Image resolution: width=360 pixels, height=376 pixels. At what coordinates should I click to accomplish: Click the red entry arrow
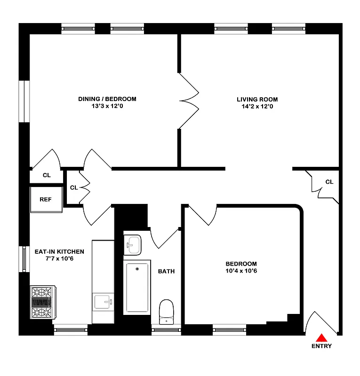(x=321, y=337)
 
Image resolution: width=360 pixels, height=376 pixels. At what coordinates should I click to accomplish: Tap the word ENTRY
(x=321, y=346)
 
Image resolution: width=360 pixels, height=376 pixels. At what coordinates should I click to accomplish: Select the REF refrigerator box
(x=46, y=199)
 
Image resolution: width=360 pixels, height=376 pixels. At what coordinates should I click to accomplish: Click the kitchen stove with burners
(x=43, y=303)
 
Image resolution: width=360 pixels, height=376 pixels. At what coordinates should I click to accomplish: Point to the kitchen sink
(x=104, y=301)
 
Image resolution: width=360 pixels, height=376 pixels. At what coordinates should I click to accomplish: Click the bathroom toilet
(x=166, y=311)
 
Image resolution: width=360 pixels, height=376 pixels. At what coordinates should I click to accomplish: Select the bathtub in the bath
(x=137, y=288)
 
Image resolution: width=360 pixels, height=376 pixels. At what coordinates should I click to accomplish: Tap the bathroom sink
(x=133, y=244)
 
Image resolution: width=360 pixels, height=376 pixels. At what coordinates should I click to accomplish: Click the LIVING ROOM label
(x=257, y=99)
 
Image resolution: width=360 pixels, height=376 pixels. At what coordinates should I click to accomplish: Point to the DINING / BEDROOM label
(x=107, y=99)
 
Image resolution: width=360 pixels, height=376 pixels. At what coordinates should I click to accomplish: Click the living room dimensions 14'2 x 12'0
(x=257, y=106)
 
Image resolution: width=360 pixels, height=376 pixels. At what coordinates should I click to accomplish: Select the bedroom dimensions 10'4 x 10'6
(x=241, y=271)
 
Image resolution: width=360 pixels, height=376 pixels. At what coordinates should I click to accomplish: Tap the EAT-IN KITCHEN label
(x=59, y=251)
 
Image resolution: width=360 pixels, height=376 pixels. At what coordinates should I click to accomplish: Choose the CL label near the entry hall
(x=329, y=182)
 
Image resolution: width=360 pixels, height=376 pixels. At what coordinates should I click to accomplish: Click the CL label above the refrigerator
(x=47, y=175)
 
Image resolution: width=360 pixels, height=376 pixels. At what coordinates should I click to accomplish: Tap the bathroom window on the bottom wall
(x=166, y=331)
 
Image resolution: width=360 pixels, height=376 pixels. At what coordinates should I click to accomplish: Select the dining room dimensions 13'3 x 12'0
(x=107, y=106)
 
